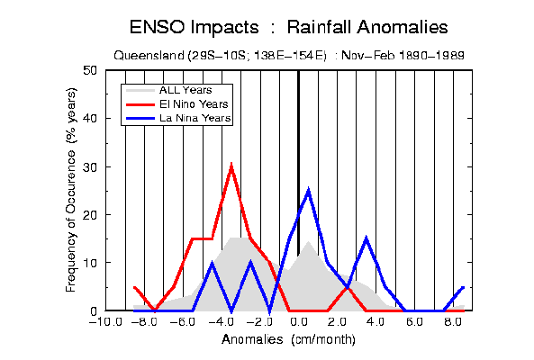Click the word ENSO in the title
[157, 27]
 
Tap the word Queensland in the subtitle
[149, 55]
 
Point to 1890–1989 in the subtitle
[430, 55]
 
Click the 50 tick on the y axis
[90, 71]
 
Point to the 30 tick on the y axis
[90, 167]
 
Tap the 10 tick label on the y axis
[90, 263]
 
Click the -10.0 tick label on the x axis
[105, 321]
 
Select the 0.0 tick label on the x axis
[299, 321]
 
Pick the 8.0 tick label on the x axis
[453, 321]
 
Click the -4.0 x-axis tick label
[222, 321]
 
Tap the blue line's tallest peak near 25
[308, 190]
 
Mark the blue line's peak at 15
[367, 238]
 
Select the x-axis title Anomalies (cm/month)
[288, 339]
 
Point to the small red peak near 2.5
[347, 287]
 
